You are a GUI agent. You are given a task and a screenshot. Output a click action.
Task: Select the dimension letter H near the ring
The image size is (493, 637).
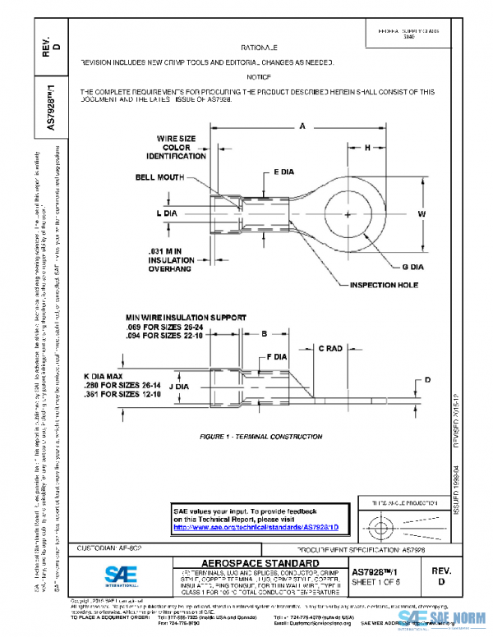click(x=367, y=147)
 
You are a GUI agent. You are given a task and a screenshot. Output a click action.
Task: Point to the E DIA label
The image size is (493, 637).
click(x=283, y=173)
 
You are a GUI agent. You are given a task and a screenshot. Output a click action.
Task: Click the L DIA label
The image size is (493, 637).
click(x=168, y=213)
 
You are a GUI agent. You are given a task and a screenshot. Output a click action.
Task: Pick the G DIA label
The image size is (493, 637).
click(x=412, y=268)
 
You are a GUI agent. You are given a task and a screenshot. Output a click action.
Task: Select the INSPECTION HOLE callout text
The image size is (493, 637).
click(x=385, y=285)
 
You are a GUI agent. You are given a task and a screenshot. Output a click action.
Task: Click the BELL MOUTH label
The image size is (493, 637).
click(x=159, y=177)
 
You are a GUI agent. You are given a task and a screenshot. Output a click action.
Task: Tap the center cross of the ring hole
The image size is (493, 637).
click(x=350, y=215)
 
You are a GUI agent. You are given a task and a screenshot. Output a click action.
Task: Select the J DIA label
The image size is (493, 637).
click(x=180, y=383)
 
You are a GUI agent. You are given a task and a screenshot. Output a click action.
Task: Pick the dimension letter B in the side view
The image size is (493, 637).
click(x=264, y=333)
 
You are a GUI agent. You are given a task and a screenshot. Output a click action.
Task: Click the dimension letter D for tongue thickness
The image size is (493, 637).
click(x=426, y=380)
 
